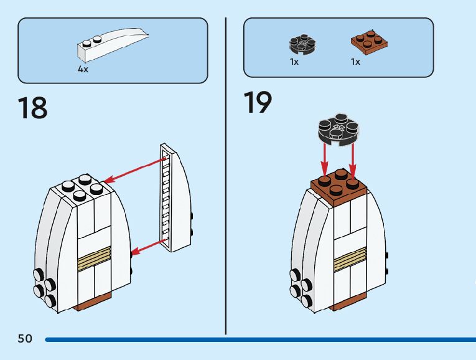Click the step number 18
[32, 108]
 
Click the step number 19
[258, 102]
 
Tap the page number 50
[25, 338]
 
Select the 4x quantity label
[83, 69]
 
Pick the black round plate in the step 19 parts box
[302, 44]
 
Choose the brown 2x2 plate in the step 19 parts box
[370, 42]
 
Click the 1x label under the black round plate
[294, 62]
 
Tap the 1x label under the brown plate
[355, 62]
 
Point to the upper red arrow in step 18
[135, 171]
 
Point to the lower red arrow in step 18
[149, 247]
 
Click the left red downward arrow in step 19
[325, 160]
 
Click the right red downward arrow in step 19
[352, 160]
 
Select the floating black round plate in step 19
[338, 129]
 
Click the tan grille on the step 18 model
[94, 258]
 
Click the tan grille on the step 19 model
[350, 259]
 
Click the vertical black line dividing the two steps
[226, 176]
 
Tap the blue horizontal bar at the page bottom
[261, 339]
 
